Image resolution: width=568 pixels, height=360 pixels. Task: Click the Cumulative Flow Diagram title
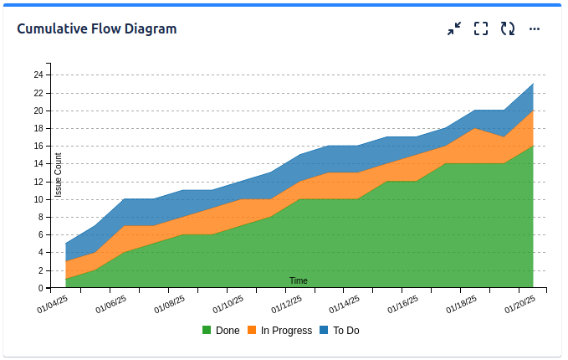(x=97, y=28)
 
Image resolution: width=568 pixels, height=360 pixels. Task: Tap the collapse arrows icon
(x=454, y=28)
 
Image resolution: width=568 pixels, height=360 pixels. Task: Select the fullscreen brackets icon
(x=481, y=28)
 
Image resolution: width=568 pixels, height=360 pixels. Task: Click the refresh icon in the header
(x=508, y=28)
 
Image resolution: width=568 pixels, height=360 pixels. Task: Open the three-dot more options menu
(x=535, y=28)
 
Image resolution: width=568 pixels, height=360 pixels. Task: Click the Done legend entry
(x=227, y=331)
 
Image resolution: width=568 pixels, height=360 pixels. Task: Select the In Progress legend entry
(x=286, y=331)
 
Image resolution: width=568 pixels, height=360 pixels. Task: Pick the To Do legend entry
(x=345, y=331)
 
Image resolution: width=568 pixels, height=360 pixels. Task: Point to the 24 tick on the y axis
(x=38, y=75)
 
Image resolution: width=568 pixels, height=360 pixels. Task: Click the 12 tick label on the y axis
(x=38, y=182)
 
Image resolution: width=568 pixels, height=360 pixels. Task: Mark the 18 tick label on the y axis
(x=38, y=128)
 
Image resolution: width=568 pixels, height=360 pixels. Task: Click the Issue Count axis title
(x=59, y=176)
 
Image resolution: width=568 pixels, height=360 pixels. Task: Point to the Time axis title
(x=299, y=280)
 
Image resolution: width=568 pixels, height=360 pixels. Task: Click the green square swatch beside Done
(x=207, y=331)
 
